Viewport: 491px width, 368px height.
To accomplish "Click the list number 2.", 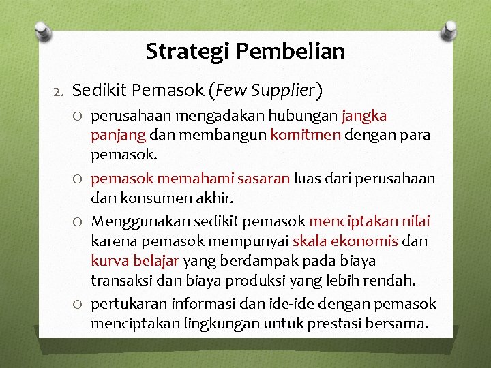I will click(x=59, y=90).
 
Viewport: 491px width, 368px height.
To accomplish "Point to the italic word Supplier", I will click(x=284, y=89).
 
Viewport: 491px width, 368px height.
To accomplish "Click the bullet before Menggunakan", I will click(x=80, y=222).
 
